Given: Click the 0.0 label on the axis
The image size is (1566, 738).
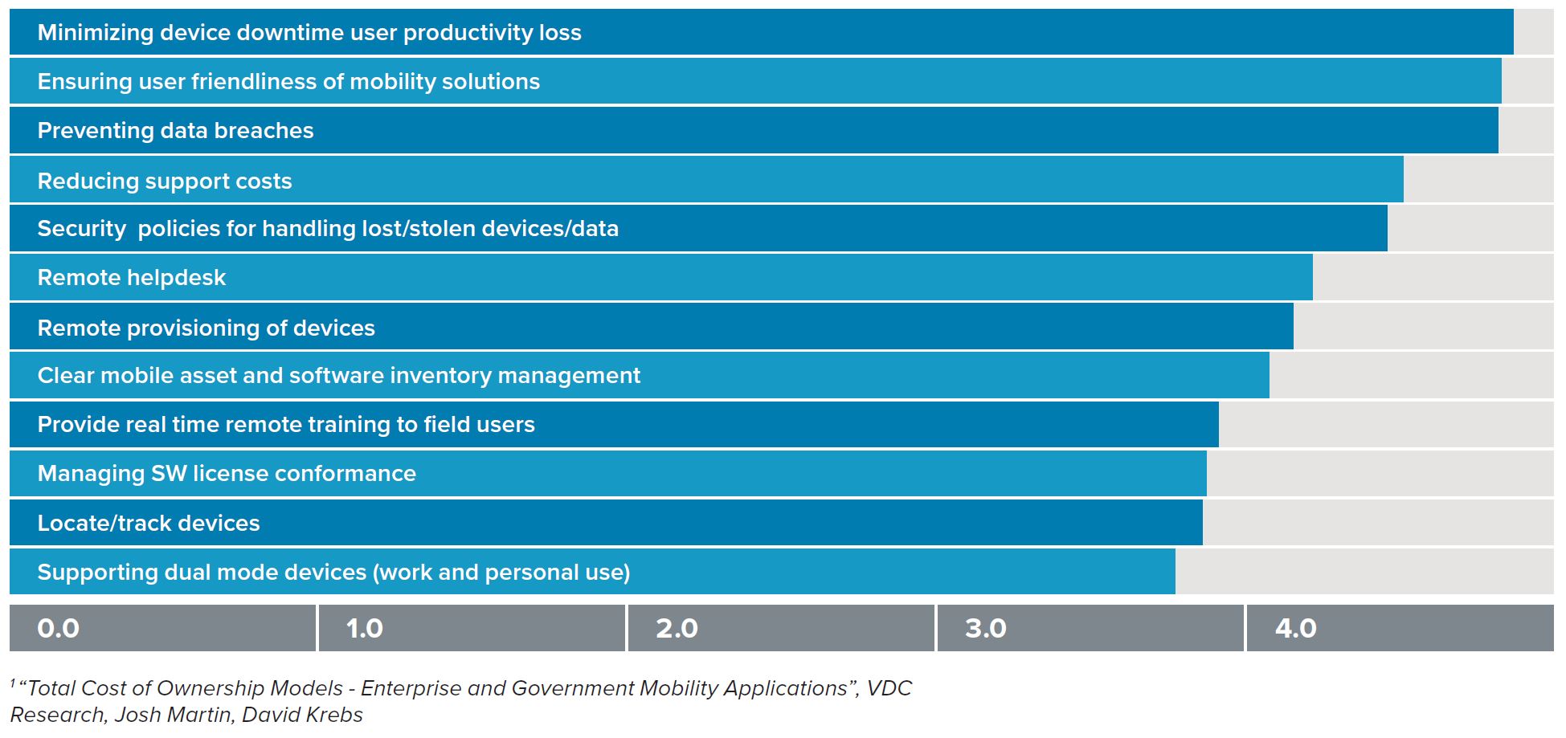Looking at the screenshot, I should (x=58, y=628).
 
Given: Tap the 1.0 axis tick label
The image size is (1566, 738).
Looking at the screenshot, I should (x=364, y=628).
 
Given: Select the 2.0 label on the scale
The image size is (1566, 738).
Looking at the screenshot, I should (x=677, y=628).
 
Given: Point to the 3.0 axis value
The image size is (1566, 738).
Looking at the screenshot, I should (x=985, y=628).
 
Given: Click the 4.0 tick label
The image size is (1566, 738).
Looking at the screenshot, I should (x=1295, y=628).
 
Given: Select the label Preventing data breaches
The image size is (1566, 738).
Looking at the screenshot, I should (x=175, y=131).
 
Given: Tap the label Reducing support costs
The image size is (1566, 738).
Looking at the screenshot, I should (x=165, y=181).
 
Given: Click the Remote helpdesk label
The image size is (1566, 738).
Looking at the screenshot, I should (x=132, y=278).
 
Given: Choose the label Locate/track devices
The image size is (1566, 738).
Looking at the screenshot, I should (x=149, y=524).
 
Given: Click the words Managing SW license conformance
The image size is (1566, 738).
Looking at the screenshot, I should (x=227, y=474).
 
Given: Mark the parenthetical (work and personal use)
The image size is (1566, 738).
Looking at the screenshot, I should (x=501, y=573).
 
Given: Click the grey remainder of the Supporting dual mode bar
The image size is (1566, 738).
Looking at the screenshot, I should (x=1364, y=573).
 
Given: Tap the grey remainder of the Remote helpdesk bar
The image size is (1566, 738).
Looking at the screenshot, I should (x=1433, y=278).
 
